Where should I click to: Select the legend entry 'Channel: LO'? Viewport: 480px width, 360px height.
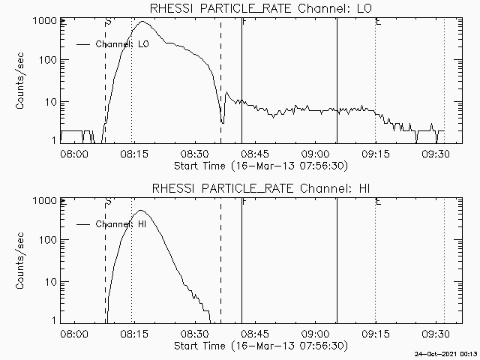(124, 44)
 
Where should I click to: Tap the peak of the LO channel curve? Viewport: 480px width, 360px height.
(143, 22)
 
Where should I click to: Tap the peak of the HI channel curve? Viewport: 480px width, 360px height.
(141, 211)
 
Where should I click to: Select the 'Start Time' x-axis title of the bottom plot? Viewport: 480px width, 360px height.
(259, 346)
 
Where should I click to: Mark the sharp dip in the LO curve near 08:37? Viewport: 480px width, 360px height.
(222, 121)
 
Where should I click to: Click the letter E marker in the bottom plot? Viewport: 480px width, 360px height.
(378, 202)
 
